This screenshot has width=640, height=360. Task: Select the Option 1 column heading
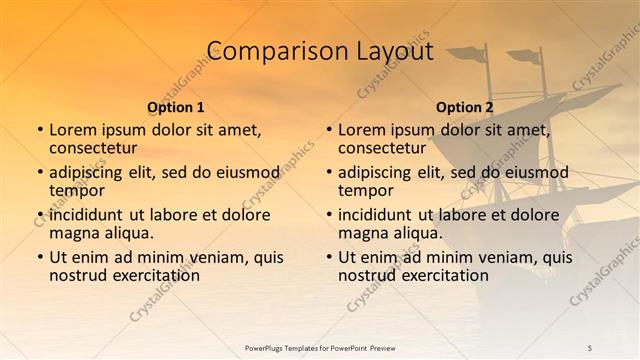tap(176, 107)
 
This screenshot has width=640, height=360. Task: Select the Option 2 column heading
tap(465, 107)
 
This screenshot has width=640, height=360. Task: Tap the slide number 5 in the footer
tap(590, 347)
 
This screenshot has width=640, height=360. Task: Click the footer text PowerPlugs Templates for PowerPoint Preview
tap(320, 347)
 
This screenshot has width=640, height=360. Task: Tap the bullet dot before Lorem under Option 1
tap(40, 130)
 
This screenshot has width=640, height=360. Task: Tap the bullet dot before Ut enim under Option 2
tap(329, 257)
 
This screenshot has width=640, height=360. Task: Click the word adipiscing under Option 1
tap(91, 172)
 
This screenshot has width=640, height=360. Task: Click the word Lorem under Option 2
tap(361, 129)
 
